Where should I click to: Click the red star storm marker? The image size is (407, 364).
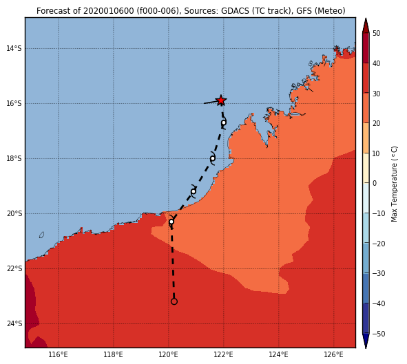221,100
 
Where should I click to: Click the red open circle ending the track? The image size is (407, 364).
174,301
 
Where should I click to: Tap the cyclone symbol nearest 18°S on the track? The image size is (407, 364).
213,158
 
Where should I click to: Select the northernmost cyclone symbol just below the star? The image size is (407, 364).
224,122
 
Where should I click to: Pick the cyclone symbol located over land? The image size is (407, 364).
171,222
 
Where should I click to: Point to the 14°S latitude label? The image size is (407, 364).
14,48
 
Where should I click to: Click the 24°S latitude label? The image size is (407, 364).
14,324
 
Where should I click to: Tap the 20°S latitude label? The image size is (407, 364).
14,213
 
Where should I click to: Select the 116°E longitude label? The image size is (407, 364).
58,354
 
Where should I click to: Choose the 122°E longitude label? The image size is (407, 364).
224,354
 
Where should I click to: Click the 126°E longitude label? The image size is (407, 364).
333,354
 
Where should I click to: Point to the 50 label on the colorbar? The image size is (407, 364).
376,34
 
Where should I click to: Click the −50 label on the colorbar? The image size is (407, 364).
379,334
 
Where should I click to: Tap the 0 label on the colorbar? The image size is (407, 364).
375,183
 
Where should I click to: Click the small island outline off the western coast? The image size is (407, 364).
41,235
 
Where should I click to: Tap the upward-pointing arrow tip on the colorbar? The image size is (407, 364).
366,19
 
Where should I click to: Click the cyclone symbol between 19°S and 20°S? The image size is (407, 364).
194,192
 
